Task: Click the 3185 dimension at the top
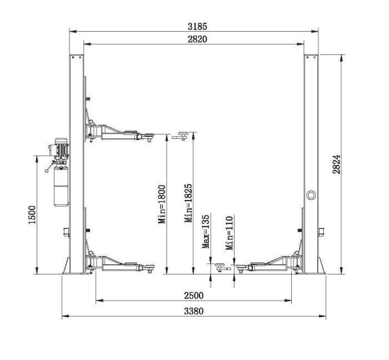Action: coord(197,26)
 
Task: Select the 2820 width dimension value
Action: coord(197,39)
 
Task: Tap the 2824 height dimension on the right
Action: coord(336,164)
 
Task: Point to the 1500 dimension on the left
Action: coord(32,214)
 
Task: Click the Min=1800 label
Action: coord(162,204)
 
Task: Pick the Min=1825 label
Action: coord(188,203)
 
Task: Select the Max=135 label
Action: coord(206,232)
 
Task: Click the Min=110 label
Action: coord(230,233)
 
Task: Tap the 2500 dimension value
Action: coord(193,296)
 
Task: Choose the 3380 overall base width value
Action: coord(193,311)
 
